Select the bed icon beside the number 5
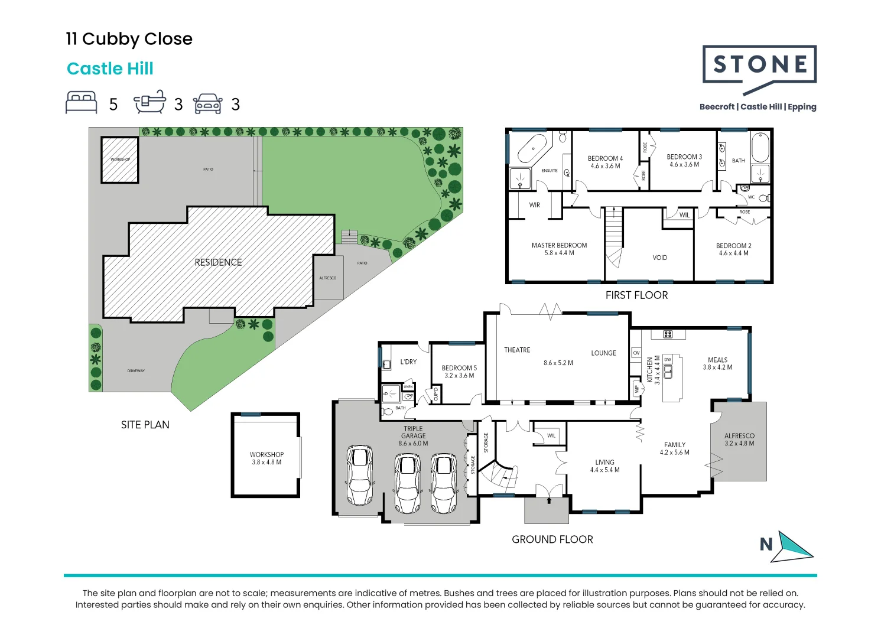click(x=82, y=102)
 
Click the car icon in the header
click(x=207, y=103)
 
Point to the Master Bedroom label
click(x=559, y=245)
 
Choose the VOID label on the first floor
click(x=659, y=258)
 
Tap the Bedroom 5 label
click(x=459, y=367)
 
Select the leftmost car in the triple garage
click(x=359, y=475)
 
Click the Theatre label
click(x=517, y=350)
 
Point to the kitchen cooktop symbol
click(x=668, y=334)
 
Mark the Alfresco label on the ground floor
click(x=739, y=435)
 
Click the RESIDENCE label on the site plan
click(x=218, y=262)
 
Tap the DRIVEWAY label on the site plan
click(x=136, y=371)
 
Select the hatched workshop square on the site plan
click(x=120, y=159)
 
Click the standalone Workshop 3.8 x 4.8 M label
click(x=266, y=458)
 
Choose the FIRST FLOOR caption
click(x=636, y=295)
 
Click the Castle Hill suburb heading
click(x=110, y=69)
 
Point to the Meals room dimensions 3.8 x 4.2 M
click(x=717, y=367)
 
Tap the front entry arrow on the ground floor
click(x=549, y=500)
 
